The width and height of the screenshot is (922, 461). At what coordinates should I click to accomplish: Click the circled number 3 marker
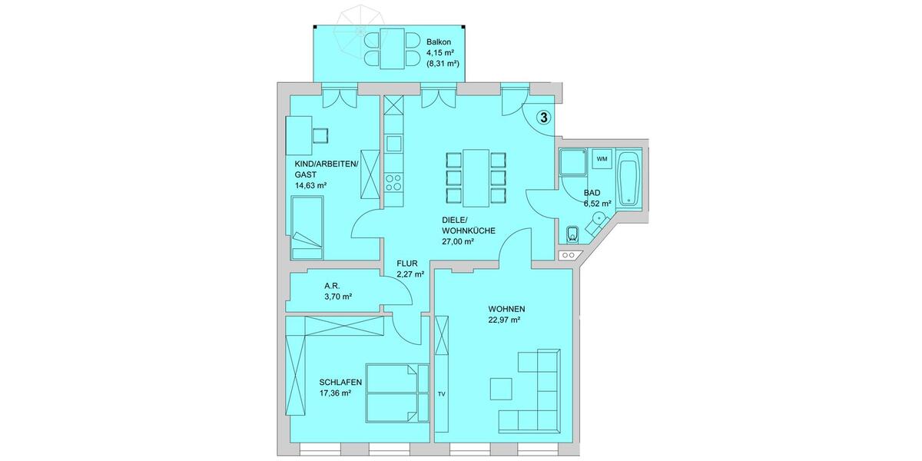pos(543,118)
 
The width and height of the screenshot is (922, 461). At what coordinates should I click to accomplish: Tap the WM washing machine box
pos(602,159)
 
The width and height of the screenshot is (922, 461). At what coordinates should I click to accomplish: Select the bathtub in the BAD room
pos(629,179)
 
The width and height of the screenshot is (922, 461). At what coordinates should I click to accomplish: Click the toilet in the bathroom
pos(572,234)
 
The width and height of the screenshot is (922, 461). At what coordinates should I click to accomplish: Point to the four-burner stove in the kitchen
pos(393,182)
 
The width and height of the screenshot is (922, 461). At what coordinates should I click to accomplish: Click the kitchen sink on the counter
pos(393,144)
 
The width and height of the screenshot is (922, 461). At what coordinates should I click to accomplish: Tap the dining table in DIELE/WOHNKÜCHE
pos(476,177)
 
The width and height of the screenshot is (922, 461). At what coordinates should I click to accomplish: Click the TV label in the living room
pos(442,394)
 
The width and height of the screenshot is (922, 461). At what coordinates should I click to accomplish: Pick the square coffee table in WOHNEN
pos(501,389)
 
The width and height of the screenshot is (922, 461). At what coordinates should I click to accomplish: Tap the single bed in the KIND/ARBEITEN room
pos(307,227)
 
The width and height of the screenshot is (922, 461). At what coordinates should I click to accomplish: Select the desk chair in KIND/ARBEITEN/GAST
pos(320,135)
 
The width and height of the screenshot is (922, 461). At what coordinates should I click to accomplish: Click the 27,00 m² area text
pos(458,241)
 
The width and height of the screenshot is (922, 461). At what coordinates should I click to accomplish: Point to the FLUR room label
pos(407,264)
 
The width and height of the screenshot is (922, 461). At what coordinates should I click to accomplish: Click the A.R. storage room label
pos(332,286)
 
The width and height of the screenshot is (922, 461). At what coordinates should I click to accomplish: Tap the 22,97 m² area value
pos(505,320)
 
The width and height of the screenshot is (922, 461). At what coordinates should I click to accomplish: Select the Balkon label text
pos(439,42)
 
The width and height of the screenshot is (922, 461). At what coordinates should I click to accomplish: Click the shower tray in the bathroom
pos(573,163)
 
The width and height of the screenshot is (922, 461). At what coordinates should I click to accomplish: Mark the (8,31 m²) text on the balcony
pos(443,64)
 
